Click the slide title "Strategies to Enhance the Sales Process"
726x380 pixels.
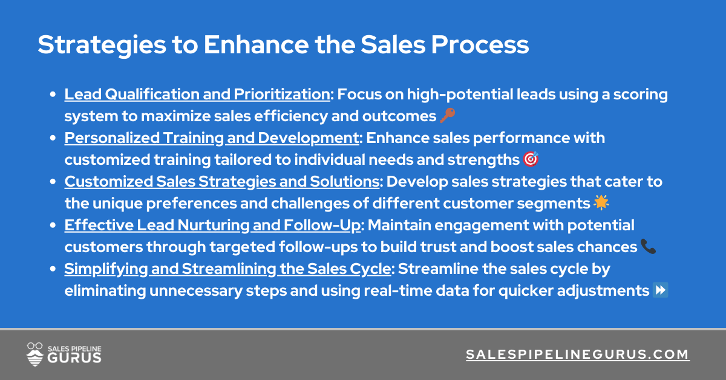283,45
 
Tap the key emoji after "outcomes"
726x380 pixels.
447,116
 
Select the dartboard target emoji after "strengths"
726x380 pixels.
531,159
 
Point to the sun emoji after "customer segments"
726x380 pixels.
601,203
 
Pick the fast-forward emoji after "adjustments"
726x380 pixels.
661,290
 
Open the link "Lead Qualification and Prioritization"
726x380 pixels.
198,95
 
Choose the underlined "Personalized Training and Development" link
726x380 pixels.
212,138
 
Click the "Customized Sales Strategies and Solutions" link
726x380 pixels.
222,182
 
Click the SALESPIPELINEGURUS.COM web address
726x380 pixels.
577,355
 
